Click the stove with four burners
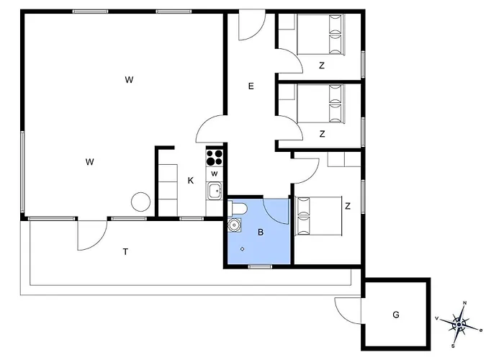[x=215, y=158]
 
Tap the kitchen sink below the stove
[x=215, y=192]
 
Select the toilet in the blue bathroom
[x=237, y=208]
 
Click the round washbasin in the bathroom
[x=234, y=225]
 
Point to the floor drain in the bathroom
[x=243, y=249]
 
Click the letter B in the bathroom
[x=261, y=232]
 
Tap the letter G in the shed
[x=396, y=315]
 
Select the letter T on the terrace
[x=126, y=252]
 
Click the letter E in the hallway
[x=251, y=86]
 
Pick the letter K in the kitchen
[x=191, y=181]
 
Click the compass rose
[x=459, y=324]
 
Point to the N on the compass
[x=464, y=303]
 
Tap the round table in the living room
[x=141, y=202]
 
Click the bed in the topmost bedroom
[x=320, y=34]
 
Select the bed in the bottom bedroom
[x=318, y=216]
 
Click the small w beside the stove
[x=215, y=174]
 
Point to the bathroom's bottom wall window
[x=261, y=266]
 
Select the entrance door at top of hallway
[x=252, y=25]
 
